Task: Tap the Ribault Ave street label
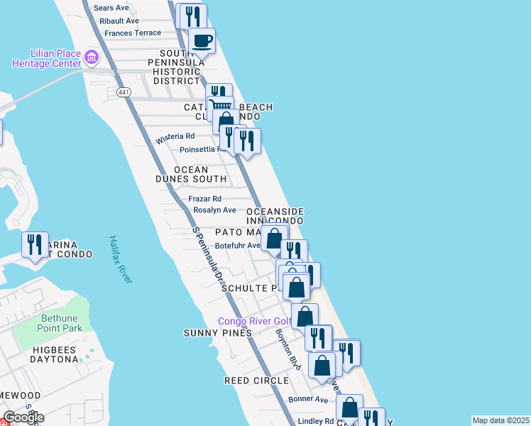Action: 119,21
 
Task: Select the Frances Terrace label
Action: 133,33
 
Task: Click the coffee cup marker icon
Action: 201,40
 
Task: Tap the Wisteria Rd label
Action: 175,136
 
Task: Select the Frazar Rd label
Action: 204,199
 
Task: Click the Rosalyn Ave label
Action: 214,210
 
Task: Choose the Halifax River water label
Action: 121,260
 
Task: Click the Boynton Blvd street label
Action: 288,349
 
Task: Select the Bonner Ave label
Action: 308,400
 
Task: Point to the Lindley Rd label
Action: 311,421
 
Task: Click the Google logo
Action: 23,417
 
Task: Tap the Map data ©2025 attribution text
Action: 500,420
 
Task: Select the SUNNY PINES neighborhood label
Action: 218,333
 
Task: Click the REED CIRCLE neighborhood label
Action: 256,381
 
